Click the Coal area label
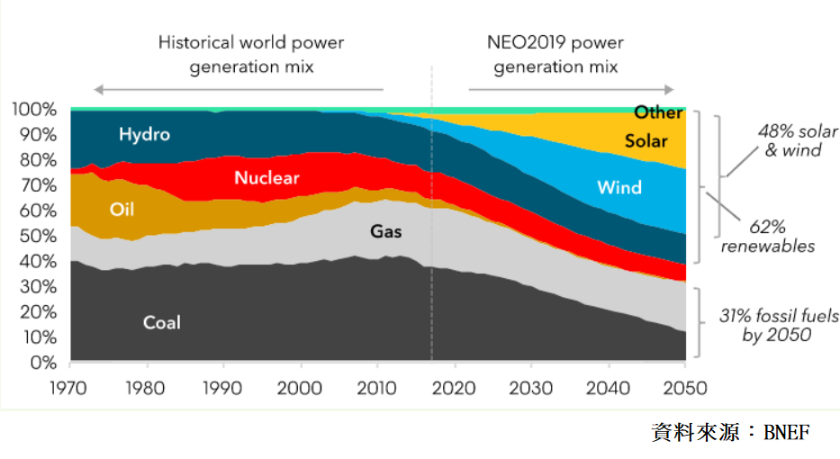pos(161,322)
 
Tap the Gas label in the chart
pos(386,231)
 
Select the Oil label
pos(122,210)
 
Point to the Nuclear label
pos(266,178)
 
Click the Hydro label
pos(144,135)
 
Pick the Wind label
pos(619,187)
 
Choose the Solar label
pos(646,140)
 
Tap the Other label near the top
pos(658,112)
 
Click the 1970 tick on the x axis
pos(70,387)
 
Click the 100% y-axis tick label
pos(34,110)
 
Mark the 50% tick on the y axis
pos(39,237)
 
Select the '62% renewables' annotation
pos(767,237)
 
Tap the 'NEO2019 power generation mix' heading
pos(555,55)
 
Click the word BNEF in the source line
pos(787,433)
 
